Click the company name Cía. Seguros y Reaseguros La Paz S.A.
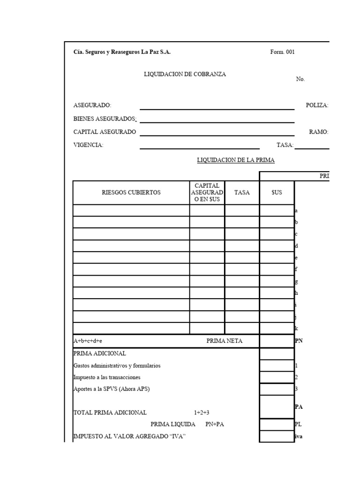coord(122,52)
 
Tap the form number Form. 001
coord(282,52)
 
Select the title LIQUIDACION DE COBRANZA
coord(185,75)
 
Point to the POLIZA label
coord(317,105)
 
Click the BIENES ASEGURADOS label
coord(105,119)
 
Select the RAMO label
coord(319,132)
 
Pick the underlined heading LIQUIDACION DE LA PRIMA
coord(236,160)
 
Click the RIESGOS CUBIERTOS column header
coord(131,193)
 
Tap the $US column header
coord(277,193)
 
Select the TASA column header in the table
coord(242,193)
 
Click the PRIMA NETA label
coord(225,341)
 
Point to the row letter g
coord(296,281)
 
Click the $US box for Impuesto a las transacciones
coord(277,377)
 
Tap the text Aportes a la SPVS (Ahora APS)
coord(112,389)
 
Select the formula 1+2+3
coord(202,413)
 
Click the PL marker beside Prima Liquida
coord(298,425)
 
